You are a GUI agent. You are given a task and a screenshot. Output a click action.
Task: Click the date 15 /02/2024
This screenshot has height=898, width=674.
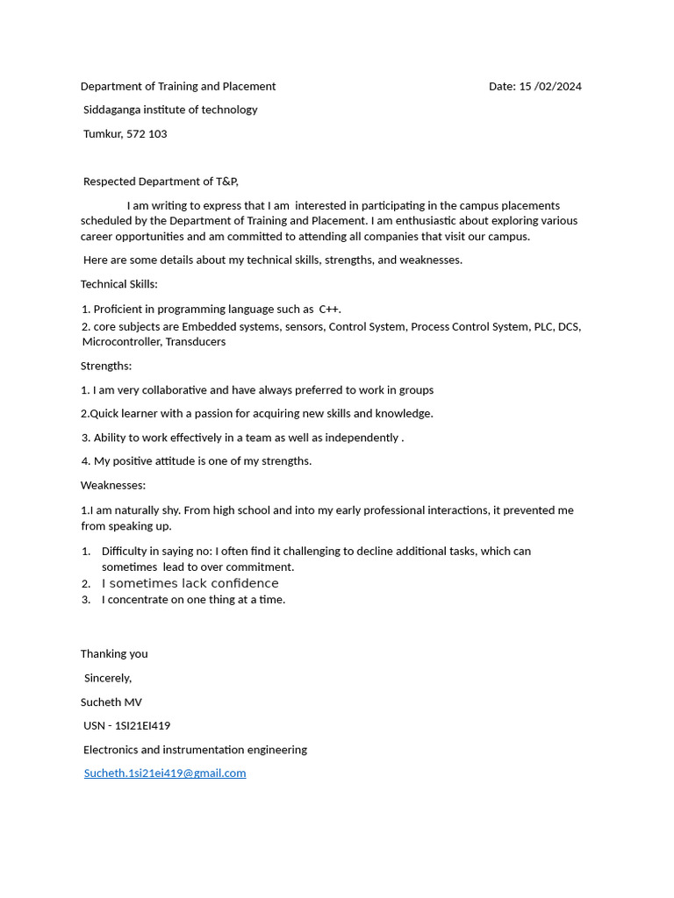tap(550, 86)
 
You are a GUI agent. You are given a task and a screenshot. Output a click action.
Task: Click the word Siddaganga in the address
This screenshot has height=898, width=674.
tap(113, 110)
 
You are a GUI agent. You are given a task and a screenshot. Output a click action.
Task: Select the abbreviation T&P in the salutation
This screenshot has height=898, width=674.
tap(226, 182)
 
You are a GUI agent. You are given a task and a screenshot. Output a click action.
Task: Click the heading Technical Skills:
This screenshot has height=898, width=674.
tap(119, 284)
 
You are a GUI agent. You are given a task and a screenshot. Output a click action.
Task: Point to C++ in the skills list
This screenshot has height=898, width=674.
tap(329, 309)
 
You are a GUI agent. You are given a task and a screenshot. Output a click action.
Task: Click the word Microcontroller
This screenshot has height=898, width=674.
tap(120, 342)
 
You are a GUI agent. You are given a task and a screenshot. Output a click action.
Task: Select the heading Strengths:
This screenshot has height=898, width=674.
tap(106, 366)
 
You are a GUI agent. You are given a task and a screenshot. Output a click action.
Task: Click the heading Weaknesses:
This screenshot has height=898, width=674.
tap(113, 485)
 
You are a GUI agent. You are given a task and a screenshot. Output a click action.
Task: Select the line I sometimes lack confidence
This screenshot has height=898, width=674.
tap(190, 583)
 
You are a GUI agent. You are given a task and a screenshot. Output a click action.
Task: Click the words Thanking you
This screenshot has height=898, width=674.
tap(114, 654)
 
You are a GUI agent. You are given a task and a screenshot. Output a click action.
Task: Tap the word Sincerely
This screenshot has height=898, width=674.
tap(107, 678)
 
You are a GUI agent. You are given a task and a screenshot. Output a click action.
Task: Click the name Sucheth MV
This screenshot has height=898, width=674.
tap(111, 702)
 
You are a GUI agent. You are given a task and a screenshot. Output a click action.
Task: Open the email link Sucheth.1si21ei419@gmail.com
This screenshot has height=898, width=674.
tap(165, 773)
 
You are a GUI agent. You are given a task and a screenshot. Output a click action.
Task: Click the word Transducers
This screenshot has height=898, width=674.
tap(196, 342)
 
